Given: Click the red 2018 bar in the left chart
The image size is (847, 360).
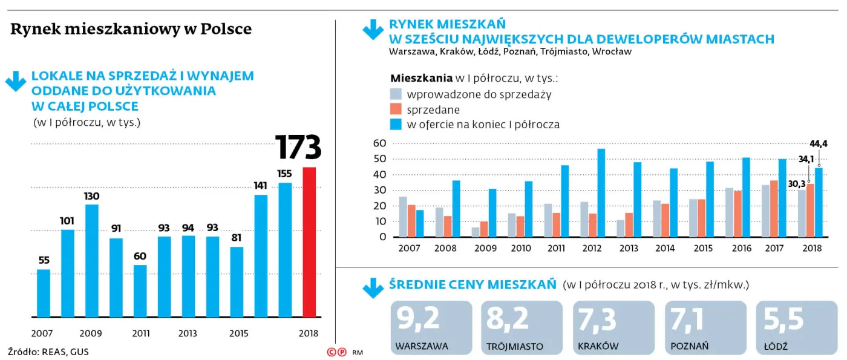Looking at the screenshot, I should pos(309,242).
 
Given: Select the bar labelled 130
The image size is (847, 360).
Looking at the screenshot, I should pos(91,261).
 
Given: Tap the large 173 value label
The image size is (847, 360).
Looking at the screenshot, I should pos(298,148).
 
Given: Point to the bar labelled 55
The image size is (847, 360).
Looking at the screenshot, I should pos(44,293).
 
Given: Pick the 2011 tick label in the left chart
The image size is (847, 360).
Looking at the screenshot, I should pos(140,333).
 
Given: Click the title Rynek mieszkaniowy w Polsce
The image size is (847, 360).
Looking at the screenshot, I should pos(131,30).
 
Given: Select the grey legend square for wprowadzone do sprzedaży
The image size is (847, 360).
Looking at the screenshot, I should pos(396,94).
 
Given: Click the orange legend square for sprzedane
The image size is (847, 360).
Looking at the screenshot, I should pos(396,110).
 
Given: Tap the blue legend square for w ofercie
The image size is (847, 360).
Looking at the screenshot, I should pos(396,125).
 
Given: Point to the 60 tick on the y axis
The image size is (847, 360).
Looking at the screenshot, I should pos(379,143).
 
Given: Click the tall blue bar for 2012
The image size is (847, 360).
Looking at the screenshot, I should pos(601,193).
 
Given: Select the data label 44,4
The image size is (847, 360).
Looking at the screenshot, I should pos(819,143).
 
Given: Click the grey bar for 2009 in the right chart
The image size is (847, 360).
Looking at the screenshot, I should pos(476,232).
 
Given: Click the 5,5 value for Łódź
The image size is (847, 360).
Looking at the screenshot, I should pos(783,319).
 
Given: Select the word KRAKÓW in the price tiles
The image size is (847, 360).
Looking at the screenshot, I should pos(598,347).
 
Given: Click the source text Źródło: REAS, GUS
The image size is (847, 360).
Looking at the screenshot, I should pos(48,352).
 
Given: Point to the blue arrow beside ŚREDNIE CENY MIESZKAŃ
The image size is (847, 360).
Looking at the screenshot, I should pos(373,287).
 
